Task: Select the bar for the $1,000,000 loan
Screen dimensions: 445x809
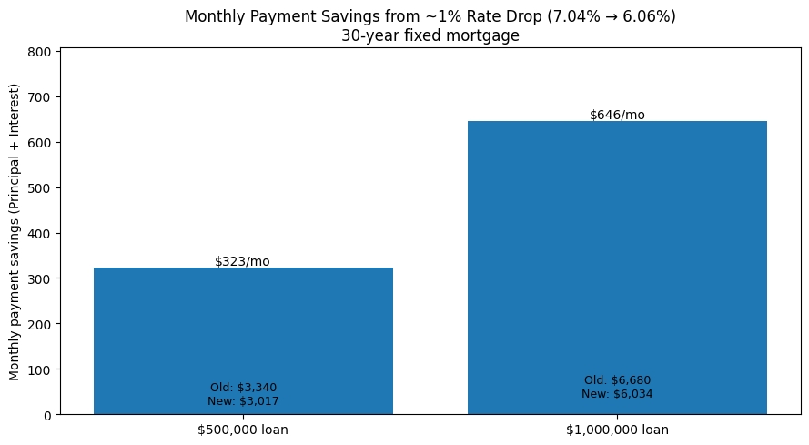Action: (x=617, y=264)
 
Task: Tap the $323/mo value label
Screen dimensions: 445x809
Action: (x=242, y=261)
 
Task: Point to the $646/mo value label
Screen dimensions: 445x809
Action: (x=617, y=115)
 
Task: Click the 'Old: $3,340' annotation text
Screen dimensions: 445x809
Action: (x=243, y=388)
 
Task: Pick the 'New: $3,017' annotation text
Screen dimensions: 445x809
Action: (x=243, y=401)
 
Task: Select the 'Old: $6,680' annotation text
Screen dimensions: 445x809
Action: (x=617, y=380)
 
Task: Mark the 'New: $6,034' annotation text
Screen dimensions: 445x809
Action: (x=617, y=394)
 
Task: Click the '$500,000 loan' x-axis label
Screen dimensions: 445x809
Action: (x=243, y=430)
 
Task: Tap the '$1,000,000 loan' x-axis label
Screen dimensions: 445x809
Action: (x=617, y=430)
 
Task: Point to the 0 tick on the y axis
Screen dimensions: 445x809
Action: (x=46, y=415)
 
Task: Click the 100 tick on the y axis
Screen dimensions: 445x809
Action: (x=40, y=369)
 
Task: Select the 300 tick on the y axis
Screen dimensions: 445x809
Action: (x=40, y=278)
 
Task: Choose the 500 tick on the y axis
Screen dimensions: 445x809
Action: (x=40, y=188)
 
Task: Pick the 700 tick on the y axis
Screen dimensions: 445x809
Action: (x=40, y=97)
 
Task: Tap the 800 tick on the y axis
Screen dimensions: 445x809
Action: (x=40, y=52)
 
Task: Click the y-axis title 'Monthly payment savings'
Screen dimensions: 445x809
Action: (x=15, y=231)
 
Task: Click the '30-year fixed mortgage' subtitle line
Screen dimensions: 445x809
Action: (x=430, y=35)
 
